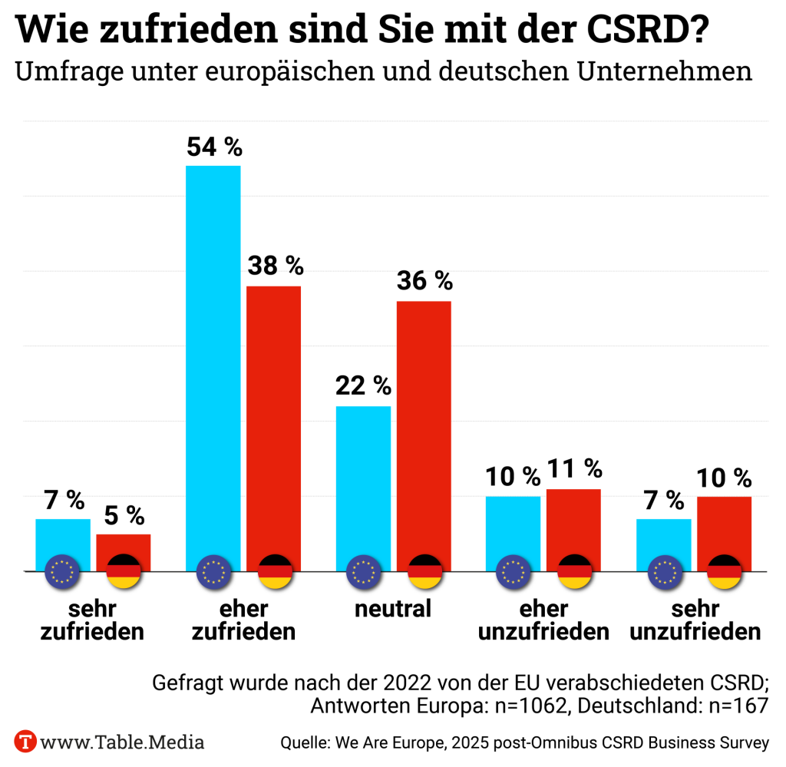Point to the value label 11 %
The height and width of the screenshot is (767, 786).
point(574,468)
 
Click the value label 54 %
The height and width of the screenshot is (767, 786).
point(214,147)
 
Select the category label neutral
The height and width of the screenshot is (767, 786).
point(393,609)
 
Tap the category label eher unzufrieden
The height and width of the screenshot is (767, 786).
point(544,620)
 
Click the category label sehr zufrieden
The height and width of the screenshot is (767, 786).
point(92,620)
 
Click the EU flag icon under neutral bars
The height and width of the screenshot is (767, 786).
point(364,571)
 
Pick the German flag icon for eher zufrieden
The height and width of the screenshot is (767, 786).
point(274,571)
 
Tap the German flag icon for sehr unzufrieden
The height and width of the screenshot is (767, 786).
point(724,571)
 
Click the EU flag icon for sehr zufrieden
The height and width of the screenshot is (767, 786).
point(63,571)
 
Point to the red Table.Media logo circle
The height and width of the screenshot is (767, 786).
point(27,742)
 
